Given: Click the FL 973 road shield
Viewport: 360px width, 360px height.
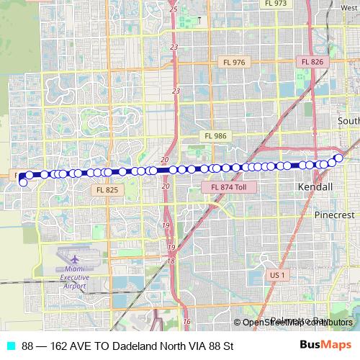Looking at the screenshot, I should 276,4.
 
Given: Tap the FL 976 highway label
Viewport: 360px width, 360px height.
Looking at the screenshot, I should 235,63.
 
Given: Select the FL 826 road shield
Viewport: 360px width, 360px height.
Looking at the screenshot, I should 313,62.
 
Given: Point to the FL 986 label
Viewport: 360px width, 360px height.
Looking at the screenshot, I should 215,135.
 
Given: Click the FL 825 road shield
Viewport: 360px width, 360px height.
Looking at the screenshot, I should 107,189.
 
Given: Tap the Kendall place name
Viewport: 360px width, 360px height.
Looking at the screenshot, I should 315,187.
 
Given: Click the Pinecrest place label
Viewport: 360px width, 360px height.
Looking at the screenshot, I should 333,215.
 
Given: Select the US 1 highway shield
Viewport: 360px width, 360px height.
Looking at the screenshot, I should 278,274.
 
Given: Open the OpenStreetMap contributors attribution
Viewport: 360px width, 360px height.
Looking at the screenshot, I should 297,323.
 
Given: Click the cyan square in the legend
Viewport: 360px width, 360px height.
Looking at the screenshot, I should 10,346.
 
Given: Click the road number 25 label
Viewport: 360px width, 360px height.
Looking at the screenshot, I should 174,9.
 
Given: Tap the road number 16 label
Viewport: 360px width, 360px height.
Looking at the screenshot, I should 186,321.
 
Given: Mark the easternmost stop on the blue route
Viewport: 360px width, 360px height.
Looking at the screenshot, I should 339,158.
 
